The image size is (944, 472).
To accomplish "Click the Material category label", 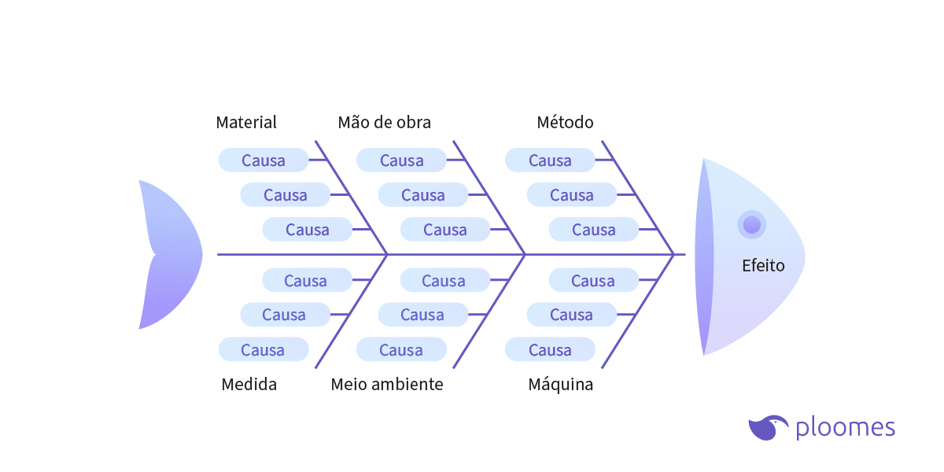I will (x=246, y=123).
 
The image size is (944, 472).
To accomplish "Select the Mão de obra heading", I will (x=384, y=123).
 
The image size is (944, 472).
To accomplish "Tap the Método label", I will (x=565, y=123).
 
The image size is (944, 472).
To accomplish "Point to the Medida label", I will (x=249, y=385).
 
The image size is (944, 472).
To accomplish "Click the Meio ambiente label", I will (x=386, y=385).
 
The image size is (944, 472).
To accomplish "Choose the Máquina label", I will (x=560, y=385).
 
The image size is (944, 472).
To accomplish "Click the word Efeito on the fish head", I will (x=763, y=266).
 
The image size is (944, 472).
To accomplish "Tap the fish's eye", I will (x=751, y=224).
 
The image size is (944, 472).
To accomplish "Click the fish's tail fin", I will (x=169, y=254).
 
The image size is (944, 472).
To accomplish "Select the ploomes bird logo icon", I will (x=768, y=427).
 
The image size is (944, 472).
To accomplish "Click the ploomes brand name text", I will (x=845, y=428).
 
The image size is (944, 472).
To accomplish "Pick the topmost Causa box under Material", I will (x=264, y=160).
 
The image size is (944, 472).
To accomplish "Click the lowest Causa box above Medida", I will (x=263, y=350).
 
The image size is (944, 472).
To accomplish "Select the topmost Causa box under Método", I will (x=550, y=160).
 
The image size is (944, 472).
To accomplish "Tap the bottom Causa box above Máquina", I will (x=550, y=350).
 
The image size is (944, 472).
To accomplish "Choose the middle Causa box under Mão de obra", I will (x=423, y=195).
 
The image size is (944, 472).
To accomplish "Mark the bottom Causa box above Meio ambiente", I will (x=401, y=350).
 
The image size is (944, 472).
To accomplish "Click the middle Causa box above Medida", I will (x=284, y=315).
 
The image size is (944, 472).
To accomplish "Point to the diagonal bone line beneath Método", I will (x=637, y=197).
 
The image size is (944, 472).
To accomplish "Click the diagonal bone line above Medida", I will (x=351, y=312).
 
